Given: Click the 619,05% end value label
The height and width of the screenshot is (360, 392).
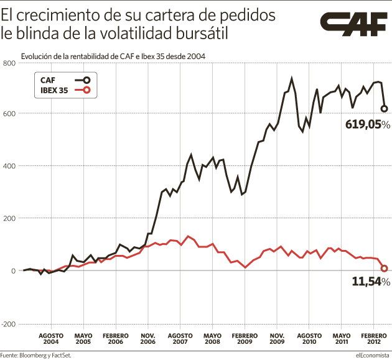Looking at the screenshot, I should (x=367, y=124).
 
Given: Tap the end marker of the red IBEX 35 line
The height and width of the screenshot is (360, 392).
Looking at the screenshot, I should (x=385, y=268).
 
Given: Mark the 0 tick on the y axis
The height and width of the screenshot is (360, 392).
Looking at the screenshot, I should (x=12, y=271).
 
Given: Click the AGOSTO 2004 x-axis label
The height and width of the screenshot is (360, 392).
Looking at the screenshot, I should (x=52, y=338).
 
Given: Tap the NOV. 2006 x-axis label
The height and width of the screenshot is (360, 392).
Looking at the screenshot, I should (x=148, y=338).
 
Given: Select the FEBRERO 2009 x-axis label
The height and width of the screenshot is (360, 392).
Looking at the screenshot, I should (x=245, y=338).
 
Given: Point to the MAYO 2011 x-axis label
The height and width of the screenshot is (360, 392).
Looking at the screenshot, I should (x=341, y=338).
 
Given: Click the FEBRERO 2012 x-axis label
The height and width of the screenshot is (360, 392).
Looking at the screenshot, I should (x=373, y=338).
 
